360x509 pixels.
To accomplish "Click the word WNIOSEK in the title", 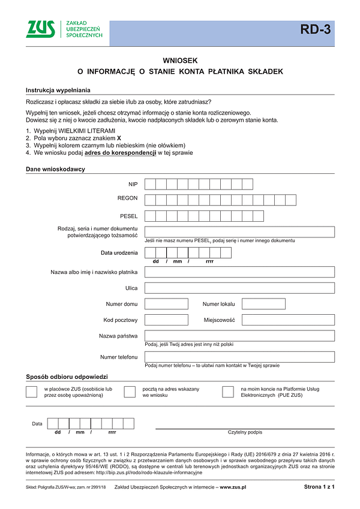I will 180,61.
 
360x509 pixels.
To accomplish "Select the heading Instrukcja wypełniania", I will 58,90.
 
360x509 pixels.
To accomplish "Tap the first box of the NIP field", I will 151,184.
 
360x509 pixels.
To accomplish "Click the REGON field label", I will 128,198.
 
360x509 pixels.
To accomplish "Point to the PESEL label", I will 129,215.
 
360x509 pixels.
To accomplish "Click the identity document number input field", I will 239,231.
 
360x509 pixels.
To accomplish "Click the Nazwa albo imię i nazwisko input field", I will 239,272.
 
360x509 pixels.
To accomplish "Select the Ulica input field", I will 239,288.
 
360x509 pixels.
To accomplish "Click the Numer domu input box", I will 166,304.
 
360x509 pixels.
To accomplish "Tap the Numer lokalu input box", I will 263,304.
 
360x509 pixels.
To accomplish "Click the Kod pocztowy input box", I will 166,320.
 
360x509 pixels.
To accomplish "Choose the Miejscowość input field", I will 288,320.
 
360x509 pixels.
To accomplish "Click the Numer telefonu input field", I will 239,357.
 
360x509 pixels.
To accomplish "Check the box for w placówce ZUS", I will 32,392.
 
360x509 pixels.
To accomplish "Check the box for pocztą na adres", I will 130,392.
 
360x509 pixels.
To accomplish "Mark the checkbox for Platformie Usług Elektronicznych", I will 227,392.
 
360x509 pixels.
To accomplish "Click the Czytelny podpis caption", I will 245,432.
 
